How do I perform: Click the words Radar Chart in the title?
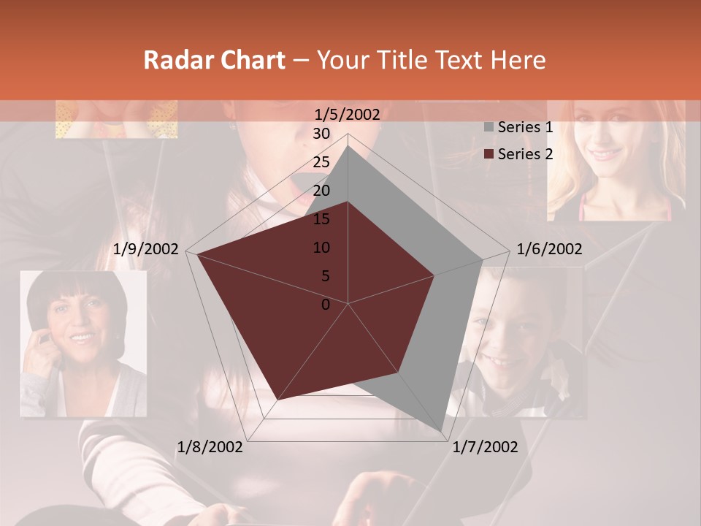click(x=214, y=60)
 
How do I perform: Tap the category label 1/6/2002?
click(x=549, y=249)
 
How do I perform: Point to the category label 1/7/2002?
click(x=485, y=447)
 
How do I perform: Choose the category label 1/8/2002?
click(x=210, y=447)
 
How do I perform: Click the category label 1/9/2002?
click(x=146, y=249)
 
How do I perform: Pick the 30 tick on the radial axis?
click(x=321, y=134)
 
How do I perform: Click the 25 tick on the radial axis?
click(x=321, y=162)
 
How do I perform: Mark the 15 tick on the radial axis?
click(x=321, y=219)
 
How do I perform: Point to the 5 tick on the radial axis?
click(x=325, y=276)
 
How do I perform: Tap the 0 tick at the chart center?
click(x=326, y=305)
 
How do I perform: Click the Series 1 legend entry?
click(x=524, y=127)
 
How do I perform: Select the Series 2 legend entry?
click(x=524, y=154)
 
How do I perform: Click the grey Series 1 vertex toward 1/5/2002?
click(x=348, y=146)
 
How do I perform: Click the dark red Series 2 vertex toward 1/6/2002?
click(x=434, y=275)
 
